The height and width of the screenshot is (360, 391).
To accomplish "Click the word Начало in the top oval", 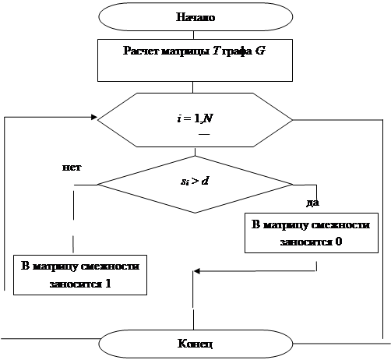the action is click(x=195, y=17).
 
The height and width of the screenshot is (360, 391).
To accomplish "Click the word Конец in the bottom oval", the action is click(x=195, y=344).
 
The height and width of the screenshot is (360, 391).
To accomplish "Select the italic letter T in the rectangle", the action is click(x=217, y=51).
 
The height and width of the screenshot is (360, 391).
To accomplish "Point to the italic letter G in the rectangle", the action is click(x=260, y=51).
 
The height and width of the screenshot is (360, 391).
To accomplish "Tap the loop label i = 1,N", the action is click(x=195, y=118).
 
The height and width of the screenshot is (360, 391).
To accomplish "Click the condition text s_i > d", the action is click(x=195, y=181).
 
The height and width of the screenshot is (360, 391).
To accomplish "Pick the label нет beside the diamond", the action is click(x=72, y=168).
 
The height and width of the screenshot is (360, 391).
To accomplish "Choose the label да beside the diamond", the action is click(x=312, y=203).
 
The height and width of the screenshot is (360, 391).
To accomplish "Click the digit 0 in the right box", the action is click(x=339, y=242).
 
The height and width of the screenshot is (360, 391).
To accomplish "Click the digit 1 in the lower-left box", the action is click(x=108, y=284).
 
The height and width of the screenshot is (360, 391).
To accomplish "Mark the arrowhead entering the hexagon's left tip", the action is click(x=94, y=117).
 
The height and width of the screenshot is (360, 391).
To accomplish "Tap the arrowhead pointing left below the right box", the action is click(x=197, y=271).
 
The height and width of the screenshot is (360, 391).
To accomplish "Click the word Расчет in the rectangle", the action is click(x=141, y=51).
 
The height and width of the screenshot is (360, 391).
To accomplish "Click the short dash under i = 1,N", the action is click(x=204, y=134).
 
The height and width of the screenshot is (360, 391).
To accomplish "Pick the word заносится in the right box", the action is click(x=306, y=242).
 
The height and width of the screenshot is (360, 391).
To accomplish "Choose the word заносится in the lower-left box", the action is click(x=76, y=284).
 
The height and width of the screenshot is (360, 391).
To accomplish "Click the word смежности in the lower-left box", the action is click(x=110, y=266).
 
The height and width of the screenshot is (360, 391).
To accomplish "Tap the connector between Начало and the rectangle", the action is click(x=194, y=35).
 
